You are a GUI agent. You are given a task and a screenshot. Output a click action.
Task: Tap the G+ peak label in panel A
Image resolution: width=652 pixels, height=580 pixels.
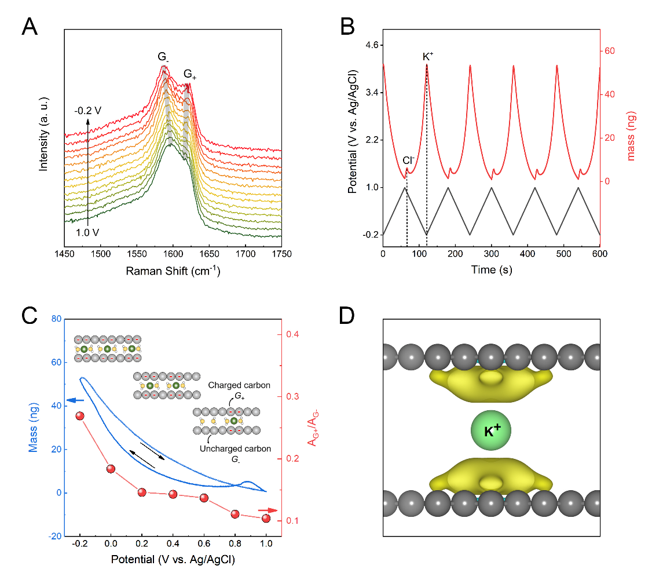pos(189,75)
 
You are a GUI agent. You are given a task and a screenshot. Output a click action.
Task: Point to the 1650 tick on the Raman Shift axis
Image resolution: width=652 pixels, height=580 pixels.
pos(209,254)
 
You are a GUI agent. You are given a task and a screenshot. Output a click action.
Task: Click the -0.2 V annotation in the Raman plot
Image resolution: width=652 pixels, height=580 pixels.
pos(88,111)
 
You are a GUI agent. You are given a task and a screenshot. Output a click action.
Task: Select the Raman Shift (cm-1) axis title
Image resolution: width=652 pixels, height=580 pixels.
pos(173,271)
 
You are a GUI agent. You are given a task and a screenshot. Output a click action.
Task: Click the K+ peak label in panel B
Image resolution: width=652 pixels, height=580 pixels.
pos(428,56)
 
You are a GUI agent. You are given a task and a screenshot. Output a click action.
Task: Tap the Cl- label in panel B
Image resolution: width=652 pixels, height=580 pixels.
pos(408,160)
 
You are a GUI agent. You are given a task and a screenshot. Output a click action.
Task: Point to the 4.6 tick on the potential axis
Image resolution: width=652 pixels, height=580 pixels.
pos(372,45)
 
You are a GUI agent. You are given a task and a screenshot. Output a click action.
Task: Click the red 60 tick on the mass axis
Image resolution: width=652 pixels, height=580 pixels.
pos(610,51)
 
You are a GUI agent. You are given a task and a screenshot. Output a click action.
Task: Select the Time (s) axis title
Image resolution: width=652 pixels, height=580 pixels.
pos(492,269)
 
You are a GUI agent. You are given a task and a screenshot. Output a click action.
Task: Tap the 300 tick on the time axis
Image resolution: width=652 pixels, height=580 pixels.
pos(492,254)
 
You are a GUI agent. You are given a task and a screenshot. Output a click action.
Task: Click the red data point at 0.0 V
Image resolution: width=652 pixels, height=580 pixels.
pos(111,469)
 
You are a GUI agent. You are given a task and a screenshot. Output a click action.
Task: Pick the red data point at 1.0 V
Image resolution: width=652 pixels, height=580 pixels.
pos(266,519)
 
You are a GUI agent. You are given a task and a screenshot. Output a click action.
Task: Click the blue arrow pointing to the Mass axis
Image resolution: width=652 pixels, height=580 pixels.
pos(75,400)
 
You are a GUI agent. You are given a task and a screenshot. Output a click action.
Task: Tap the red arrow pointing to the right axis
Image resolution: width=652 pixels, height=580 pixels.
pos(268,510)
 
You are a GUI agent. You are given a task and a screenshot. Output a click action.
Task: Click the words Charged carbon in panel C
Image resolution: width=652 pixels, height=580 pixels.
pos(239,385)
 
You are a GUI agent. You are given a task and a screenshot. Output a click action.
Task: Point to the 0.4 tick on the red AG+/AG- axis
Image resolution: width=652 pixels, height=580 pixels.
pos(293,334)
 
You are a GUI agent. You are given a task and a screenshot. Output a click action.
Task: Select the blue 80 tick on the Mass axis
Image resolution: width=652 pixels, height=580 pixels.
pos(56,319)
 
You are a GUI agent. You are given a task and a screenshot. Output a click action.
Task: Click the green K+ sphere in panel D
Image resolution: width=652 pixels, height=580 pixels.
pos(491,430)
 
